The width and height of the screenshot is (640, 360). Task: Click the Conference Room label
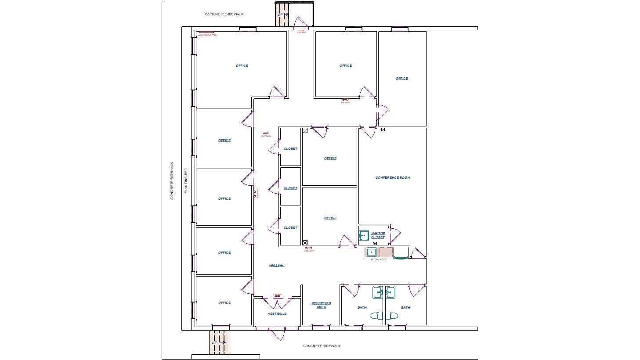(392, 178)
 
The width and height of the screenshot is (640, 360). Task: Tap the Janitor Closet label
(378, 235)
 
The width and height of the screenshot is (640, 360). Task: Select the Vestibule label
(277, 313)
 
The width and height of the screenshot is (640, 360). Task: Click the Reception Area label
(321, 305)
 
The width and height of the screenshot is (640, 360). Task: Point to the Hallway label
(277, 265)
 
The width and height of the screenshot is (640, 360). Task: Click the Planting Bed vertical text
(186, 181)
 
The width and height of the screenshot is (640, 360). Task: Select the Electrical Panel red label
(207, 34)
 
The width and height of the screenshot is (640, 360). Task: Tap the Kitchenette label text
(378, 259)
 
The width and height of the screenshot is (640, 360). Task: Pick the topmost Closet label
(290, 148)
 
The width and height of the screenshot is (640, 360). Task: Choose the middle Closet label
(290, 188)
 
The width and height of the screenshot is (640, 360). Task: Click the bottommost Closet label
(290, 227)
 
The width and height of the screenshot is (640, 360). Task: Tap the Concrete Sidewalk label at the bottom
(322, 346)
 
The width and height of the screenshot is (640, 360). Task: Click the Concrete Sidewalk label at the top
(224, 14)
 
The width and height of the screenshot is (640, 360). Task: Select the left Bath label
(362, 307)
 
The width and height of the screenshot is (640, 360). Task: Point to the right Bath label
(405, 307)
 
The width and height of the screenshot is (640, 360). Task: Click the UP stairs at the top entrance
(282, 14)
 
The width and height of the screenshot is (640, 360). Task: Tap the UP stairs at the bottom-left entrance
(219, 342)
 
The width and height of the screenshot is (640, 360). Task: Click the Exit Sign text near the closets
(266, 136)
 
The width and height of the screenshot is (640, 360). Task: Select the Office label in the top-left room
(242, 65)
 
